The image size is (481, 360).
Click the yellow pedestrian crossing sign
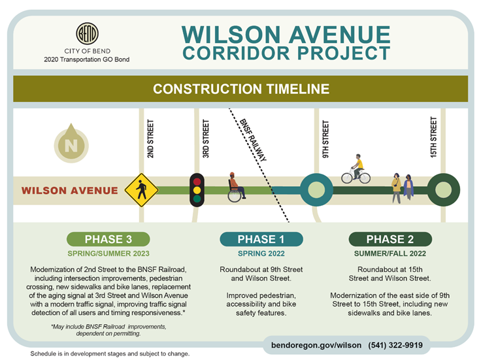(142, 190)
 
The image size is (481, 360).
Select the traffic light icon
(197, 189)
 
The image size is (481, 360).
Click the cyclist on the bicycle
(356, 170)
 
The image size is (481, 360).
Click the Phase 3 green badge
(108, 239)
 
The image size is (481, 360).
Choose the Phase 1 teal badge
(261, 239)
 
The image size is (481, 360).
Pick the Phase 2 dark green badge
(390, 239)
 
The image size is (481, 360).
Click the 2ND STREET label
(150, 139)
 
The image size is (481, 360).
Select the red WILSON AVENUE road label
(70, 191)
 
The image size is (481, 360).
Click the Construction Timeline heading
(241, 88)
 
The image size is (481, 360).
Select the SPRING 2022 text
(261, 254)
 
